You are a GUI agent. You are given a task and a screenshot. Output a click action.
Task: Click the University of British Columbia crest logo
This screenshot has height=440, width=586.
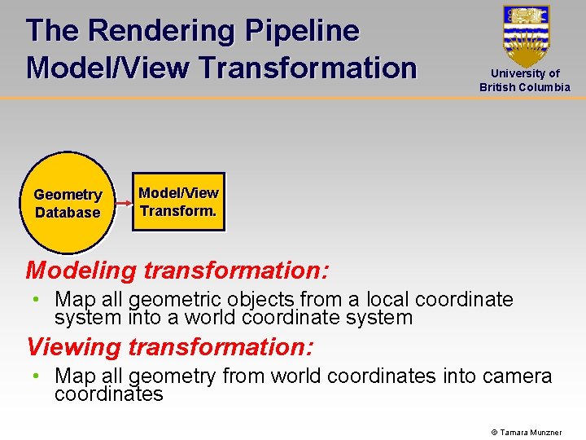[x=526, y=35]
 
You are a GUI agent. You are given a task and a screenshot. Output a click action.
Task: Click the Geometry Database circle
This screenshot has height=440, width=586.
[x=68, y=203]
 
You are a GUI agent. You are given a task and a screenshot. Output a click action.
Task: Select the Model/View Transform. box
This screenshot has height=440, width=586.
[x=178, y=202]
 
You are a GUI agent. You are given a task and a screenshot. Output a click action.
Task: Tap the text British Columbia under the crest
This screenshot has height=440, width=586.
[x=525, y=87]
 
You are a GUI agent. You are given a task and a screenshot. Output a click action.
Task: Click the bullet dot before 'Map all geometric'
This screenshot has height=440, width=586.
[x=37, y=300]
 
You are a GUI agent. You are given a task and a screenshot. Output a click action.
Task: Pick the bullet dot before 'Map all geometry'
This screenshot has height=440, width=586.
[x=37, y=376]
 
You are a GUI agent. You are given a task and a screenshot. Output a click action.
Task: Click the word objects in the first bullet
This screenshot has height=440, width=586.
[x=278, y=300]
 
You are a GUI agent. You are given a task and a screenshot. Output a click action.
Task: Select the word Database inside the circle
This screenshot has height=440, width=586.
[x=68, y=213]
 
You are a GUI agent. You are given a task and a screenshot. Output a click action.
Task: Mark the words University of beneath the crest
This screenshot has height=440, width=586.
[x=525, y=73]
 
